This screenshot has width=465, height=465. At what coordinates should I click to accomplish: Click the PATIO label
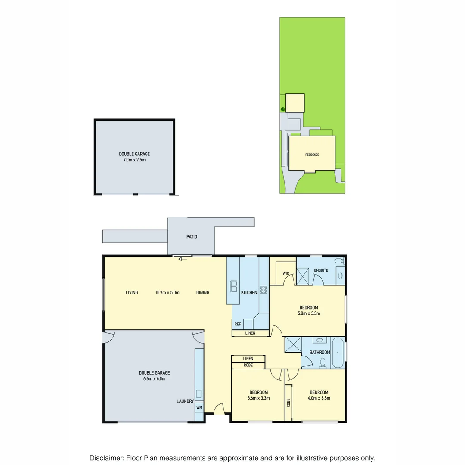192,236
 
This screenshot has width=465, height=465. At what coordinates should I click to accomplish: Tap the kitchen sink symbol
234,285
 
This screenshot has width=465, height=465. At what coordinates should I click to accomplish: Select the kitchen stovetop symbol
263,290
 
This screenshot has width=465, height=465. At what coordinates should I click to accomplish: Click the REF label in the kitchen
238,324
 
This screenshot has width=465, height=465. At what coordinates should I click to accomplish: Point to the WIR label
286,273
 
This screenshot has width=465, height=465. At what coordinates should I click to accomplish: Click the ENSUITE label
321,270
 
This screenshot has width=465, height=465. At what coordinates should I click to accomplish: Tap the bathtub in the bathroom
338,353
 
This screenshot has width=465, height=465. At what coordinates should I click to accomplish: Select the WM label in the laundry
199,407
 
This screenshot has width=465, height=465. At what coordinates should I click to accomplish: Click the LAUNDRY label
185,401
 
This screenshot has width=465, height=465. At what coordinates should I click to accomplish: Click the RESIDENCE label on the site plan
312,155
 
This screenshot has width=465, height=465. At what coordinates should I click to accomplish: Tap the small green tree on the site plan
282,109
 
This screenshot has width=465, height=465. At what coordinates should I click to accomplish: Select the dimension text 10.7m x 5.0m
167,293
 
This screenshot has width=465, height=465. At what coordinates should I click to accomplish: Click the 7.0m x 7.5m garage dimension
134,160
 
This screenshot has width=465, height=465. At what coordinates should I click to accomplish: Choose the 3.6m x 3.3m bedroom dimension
259,398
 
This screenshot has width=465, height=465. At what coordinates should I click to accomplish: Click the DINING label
203,293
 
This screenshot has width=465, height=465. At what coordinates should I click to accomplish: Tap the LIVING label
132,293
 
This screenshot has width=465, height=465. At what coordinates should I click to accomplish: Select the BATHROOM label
320,353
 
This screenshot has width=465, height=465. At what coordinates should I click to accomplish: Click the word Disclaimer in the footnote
106,458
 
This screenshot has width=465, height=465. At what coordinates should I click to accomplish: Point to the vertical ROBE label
288,403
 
